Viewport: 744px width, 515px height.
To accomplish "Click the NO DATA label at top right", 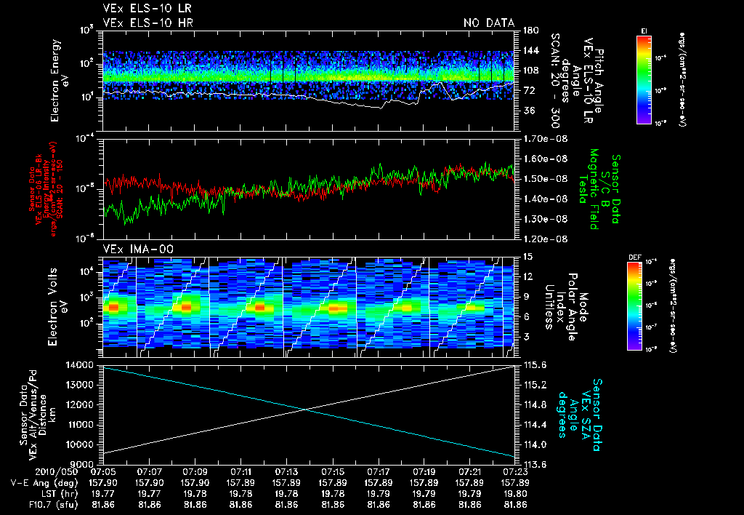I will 488,23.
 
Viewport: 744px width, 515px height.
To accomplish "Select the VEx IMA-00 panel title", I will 132,249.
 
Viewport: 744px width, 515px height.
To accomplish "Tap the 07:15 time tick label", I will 333,471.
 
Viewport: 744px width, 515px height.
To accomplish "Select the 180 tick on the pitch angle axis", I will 527,30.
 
